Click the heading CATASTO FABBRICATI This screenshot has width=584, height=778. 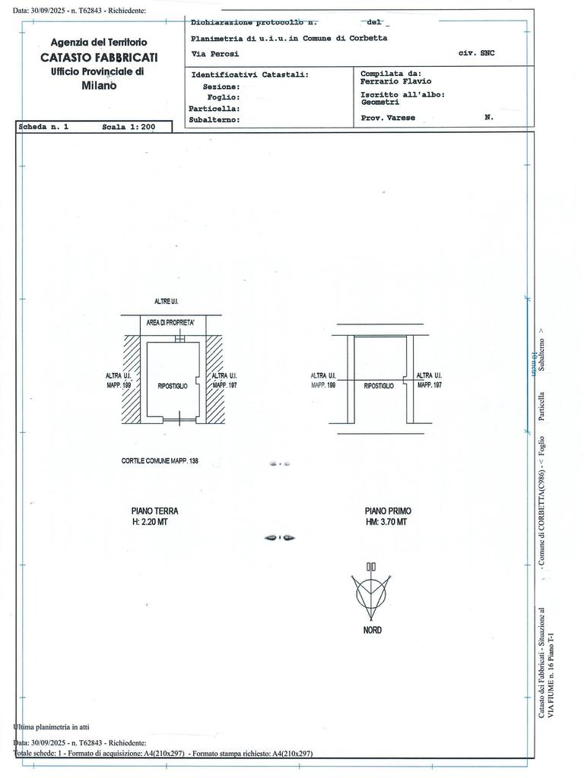point(100,58)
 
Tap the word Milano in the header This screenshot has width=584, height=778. point(100,85)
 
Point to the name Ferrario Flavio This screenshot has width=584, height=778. point(395,81)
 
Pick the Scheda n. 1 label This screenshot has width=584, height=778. point(43,128)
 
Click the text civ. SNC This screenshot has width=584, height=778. point(477,54)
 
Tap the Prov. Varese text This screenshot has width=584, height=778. point(388,119)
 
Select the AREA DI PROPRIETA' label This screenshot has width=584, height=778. point(171,324)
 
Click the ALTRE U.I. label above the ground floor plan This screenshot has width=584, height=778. point(166,302)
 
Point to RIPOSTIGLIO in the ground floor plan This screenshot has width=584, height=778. point(173,386)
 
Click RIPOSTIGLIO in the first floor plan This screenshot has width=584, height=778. point(379,386)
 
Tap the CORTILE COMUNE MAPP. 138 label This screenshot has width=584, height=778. point(160,461)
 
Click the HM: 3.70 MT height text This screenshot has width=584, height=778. point(386,523)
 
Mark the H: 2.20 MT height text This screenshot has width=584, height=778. point(149,523)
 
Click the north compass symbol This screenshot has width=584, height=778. point(372,593)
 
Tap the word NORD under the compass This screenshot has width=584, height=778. point(372,631)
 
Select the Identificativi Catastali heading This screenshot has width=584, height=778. point(249,75)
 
